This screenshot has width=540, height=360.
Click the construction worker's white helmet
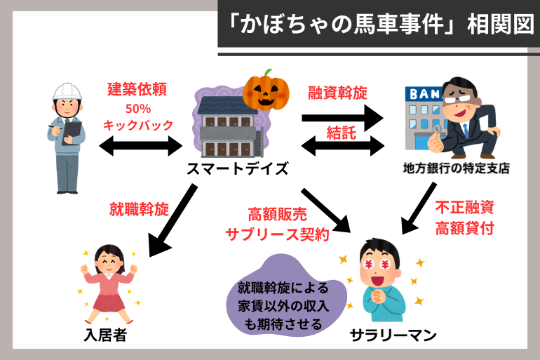pos(68,91)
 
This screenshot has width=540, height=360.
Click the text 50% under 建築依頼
pos(137,109)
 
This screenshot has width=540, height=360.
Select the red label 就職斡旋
pos(139,208)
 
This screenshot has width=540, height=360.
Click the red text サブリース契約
pos(278,235)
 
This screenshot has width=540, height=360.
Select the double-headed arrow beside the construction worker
pos(141,146)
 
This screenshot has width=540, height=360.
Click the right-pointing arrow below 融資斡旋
pos(343,114)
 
